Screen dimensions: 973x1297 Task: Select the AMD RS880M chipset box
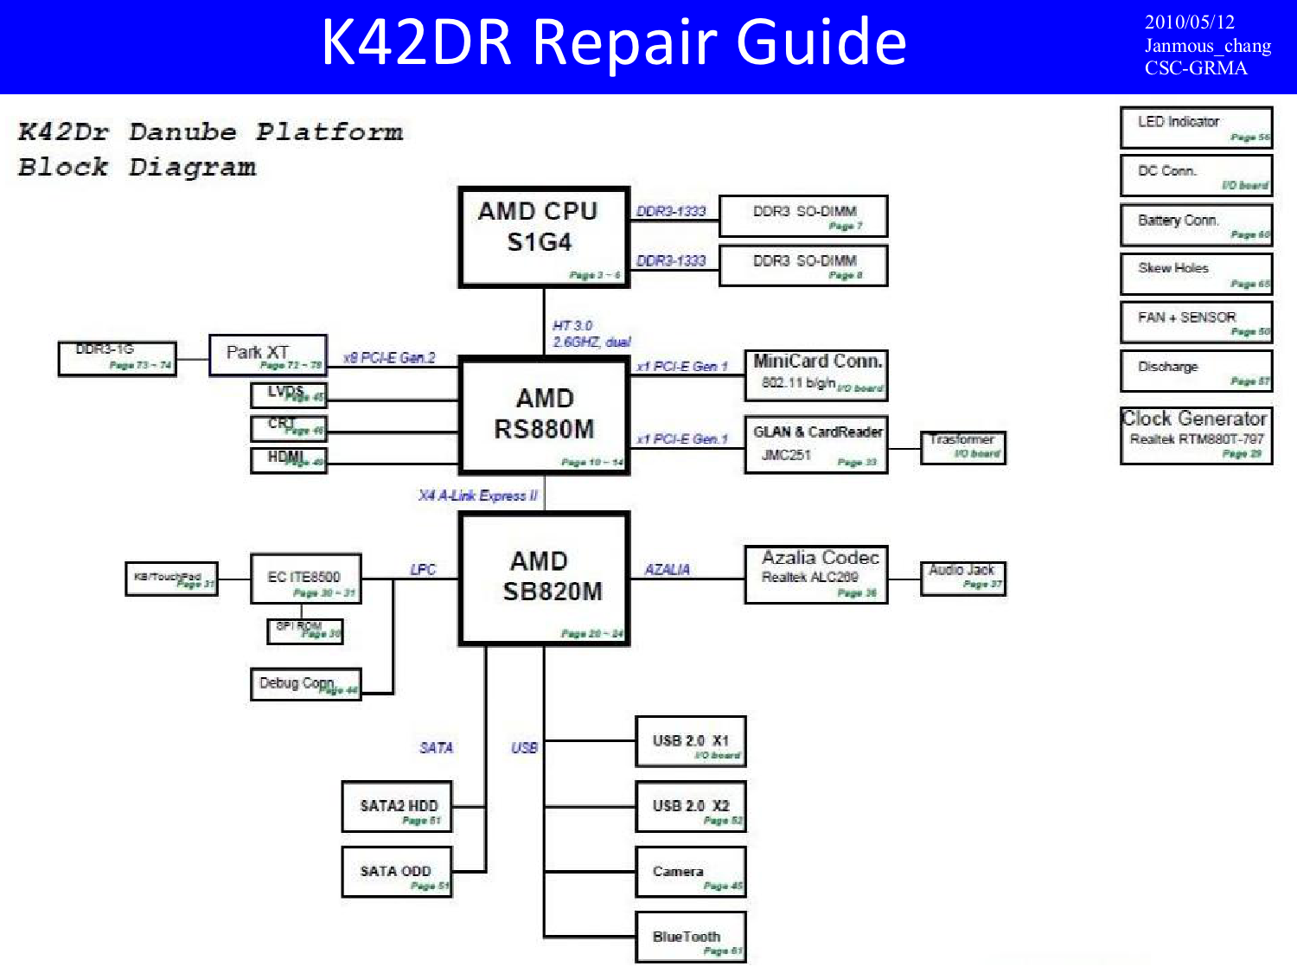pos(545,416)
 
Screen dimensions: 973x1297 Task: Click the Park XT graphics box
pos(268,355)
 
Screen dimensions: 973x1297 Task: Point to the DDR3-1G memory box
pos(118,358)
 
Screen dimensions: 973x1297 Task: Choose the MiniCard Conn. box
pos(816,374)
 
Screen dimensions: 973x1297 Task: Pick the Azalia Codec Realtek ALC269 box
pos(816,574)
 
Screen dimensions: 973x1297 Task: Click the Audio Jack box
pos(963,578)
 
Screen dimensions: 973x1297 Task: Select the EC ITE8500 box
pos(305,579)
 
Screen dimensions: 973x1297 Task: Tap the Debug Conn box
pos(305,684)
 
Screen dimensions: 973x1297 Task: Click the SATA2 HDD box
pos(398,807)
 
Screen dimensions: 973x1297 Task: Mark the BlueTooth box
pos(690,938)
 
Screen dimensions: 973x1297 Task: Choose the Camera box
pos(690,872)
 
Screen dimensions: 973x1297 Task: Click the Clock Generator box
pos(1196,436)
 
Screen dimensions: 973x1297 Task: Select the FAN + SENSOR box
pos(1196,323)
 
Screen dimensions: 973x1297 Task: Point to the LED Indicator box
pos(1196,127)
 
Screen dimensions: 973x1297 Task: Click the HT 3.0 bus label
pos(572,326)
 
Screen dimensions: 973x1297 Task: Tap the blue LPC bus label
pos(423,570)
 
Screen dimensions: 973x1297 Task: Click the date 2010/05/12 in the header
pos(1189,22)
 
